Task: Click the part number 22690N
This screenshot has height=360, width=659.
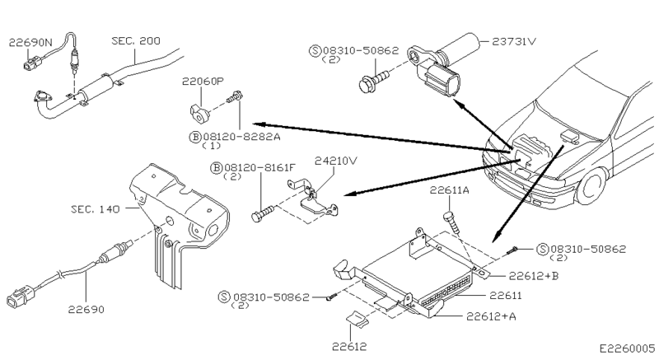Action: (31, 43)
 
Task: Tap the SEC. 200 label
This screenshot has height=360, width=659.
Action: (136, 40)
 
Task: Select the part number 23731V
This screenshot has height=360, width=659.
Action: (514, 41)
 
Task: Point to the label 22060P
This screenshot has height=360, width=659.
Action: (203, 81)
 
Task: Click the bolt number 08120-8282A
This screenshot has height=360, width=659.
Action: (241, 137)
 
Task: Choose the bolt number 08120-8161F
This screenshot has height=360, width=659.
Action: (259, 167)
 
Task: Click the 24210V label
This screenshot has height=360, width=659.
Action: (336, 161)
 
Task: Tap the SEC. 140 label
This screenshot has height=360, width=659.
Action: (96, 208)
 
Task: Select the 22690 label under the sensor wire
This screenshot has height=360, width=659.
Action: (86, 310)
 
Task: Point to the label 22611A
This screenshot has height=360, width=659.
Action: (449, 190)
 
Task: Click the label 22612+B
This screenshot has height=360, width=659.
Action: (533, 276)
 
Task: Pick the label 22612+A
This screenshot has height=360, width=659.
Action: (491, 316)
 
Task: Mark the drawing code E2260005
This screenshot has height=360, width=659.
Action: (627, 348)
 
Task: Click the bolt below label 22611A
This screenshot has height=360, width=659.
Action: (452, 223)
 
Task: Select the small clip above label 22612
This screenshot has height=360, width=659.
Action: (357, 317)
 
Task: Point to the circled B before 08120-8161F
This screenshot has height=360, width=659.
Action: (216, 168)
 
